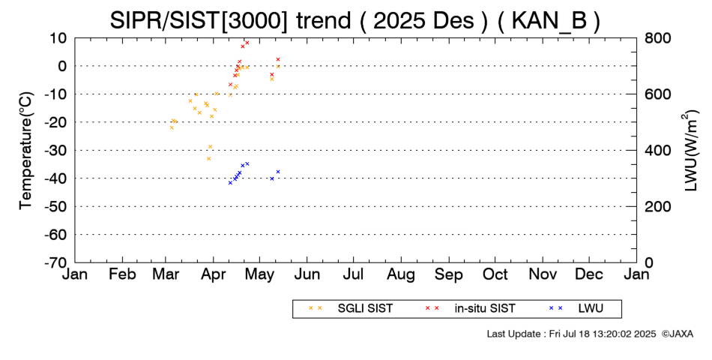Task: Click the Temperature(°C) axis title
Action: pos(25,150)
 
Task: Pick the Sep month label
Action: pos(449,275)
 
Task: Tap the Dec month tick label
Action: pos(590,275)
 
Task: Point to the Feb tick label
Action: pos(122,275)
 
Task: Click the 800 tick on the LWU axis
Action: pos(658,37)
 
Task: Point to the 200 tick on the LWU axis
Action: pos(658,206)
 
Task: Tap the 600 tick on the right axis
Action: pos(658,94)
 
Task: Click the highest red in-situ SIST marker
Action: pos(247,43)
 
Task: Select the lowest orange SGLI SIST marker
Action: pos(208,158)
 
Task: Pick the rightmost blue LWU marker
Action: pos(278,172)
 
